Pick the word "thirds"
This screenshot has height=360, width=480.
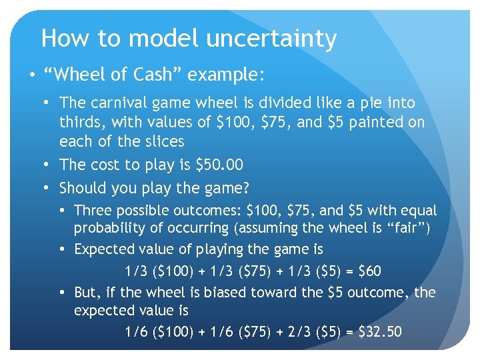pyautogui.click(x=81, y=122)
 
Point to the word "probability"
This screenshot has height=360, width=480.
pyautogui.click(x=108, y=229)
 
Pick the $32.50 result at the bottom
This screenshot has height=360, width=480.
pyautogui.click(x=379, y=331)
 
